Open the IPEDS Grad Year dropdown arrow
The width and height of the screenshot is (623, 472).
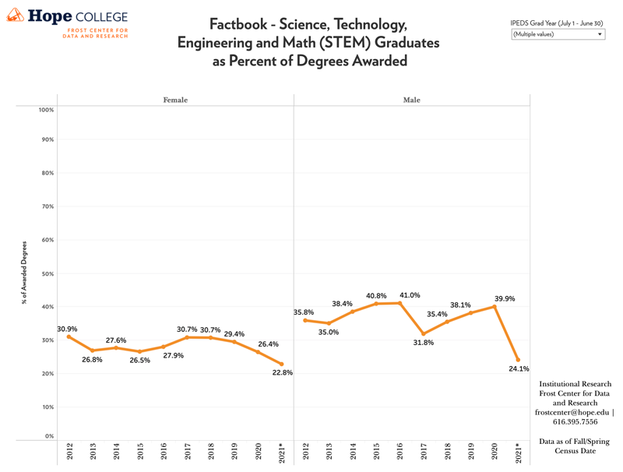click(599, 34)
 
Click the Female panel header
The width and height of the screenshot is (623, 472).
click(175, 100)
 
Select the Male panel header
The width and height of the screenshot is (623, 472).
click(411, 100)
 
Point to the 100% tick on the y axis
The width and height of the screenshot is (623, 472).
click(46, 110)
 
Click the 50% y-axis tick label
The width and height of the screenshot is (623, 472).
click(48, 274)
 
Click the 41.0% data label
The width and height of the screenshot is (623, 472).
click(410, 295)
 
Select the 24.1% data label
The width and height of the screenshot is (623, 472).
click(519, 368)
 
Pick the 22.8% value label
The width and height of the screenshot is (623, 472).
click(282, 372)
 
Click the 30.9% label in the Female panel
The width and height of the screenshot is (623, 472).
click(67, 329)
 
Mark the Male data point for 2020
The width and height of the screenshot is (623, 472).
click(495, 307)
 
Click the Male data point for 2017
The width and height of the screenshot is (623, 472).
click(424, 333)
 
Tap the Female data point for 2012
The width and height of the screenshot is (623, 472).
click(69, 336)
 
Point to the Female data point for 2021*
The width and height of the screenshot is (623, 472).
click(281, 364)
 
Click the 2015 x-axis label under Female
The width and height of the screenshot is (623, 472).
click(139, 451)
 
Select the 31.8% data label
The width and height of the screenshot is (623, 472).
click(423, 343)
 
